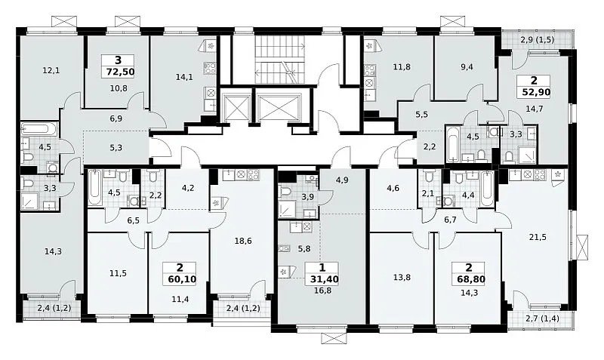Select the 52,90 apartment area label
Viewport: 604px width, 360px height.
(x=536, y=91)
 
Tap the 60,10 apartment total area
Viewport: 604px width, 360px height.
(x=181, y=278)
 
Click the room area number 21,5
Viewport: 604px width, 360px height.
(x=538, y=237)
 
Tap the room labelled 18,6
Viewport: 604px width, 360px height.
(x=243, y=241)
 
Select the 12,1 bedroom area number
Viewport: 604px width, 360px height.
(x=51, y=70)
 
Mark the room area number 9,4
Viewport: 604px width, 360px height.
(x=467, y=67)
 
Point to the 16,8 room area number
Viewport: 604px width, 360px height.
(x=323, y=291)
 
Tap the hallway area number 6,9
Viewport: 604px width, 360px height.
(x=116, y=118)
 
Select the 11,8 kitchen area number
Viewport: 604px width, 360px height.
(x=402, y=67)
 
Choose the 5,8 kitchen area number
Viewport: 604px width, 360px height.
(x=304, y=249)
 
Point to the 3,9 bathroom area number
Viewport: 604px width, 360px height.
(x=307, y=197)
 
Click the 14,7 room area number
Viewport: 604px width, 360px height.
(x=535, y=109)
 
